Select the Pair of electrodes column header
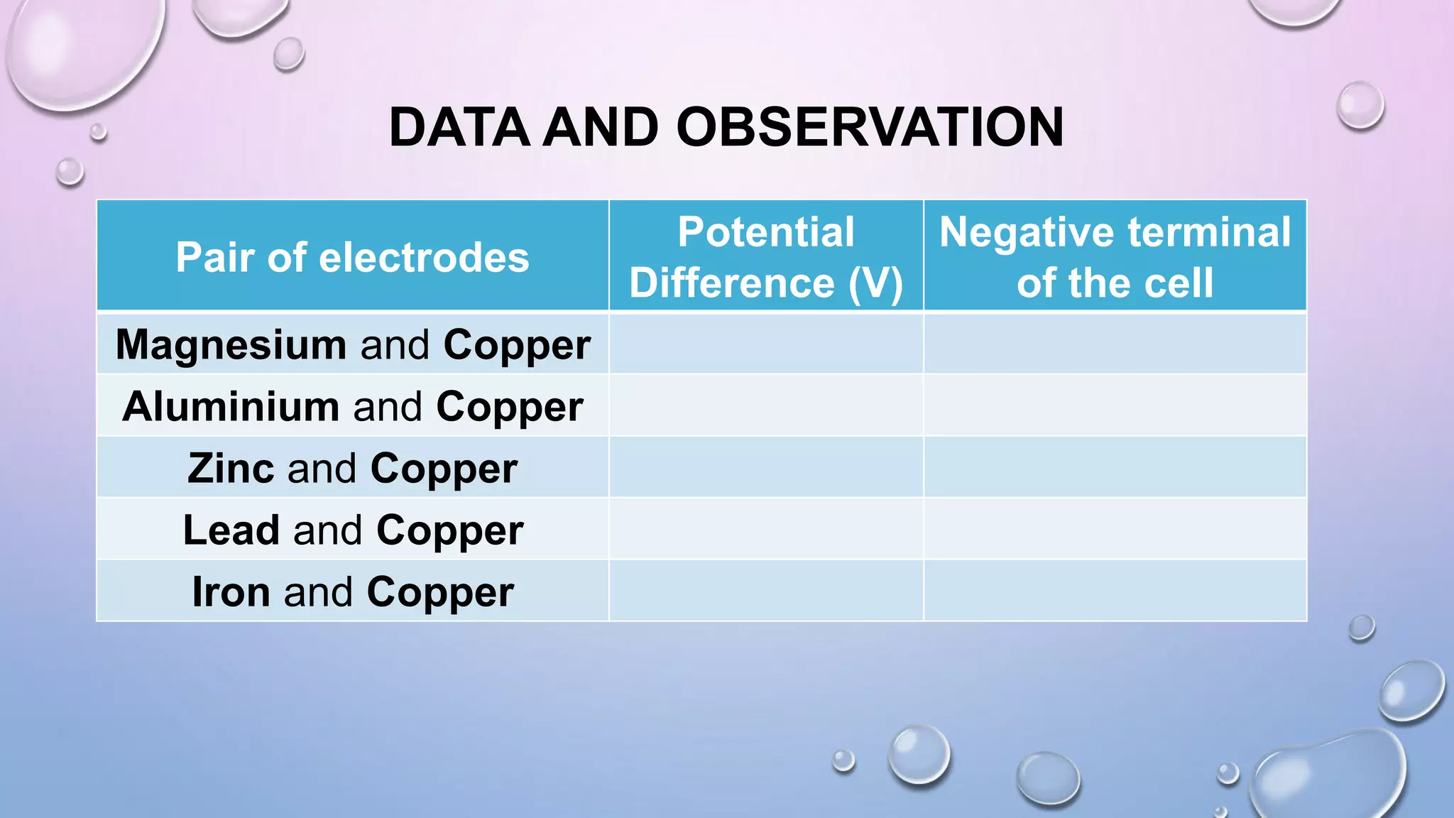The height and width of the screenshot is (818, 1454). point(352,257)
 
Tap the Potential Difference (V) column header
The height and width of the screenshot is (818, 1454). point(766,257)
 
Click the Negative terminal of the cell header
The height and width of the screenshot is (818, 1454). point(1115,257)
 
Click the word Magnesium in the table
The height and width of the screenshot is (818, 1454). point(231,345)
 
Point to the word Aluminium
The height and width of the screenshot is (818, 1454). point(231,407)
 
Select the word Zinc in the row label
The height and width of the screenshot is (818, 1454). point(231,469)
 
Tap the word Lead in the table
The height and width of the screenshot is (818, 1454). point(231,530)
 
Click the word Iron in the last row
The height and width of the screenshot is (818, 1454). point(231,592)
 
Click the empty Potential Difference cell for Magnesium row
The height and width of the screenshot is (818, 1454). point(766,344)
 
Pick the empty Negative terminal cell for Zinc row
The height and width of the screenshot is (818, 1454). point(1115,467)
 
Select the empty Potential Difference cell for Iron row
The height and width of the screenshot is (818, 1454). point(766,591)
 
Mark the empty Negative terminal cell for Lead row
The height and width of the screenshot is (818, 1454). point(1115,529)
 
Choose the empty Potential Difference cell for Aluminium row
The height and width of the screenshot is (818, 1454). point(766,405)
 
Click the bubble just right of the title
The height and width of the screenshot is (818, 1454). point(1360,105)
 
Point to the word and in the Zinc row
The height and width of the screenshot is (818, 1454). point(322,469)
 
